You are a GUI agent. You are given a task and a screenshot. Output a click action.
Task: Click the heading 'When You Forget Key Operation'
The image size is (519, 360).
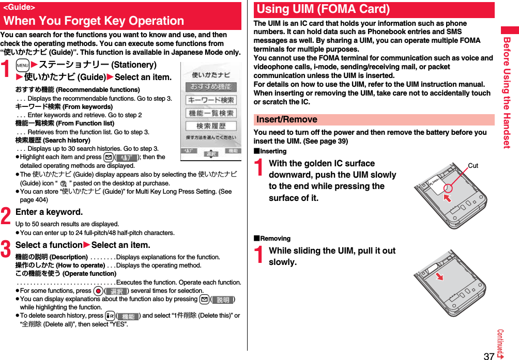click(x=94, y=21)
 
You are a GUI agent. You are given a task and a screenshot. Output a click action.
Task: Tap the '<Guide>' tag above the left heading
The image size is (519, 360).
click(x=19, y=7)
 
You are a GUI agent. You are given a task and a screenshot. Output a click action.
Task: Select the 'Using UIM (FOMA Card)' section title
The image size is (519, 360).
click(x=323, y=9)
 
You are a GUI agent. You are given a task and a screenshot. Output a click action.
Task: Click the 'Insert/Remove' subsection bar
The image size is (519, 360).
click(x=287, y=119)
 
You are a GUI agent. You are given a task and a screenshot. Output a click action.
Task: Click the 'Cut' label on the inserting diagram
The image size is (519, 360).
click(x=472, y=165)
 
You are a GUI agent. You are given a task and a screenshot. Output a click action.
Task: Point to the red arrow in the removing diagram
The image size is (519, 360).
click(x=439, y=276)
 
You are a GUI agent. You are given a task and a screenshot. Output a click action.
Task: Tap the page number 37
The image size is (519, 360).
click(x=489, y=355)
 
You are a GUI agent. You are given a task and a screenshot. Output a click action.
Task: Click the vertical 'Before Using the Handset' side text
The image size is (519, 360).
click(x=507, y=93)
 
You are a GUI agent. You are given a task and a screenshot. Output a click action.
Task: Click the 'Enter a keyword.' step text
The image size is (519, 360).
click(x=49, y=212)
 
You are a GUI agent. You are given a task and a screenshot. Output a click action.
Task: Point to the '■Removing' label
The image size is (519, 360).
click(x=272, y=239)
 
